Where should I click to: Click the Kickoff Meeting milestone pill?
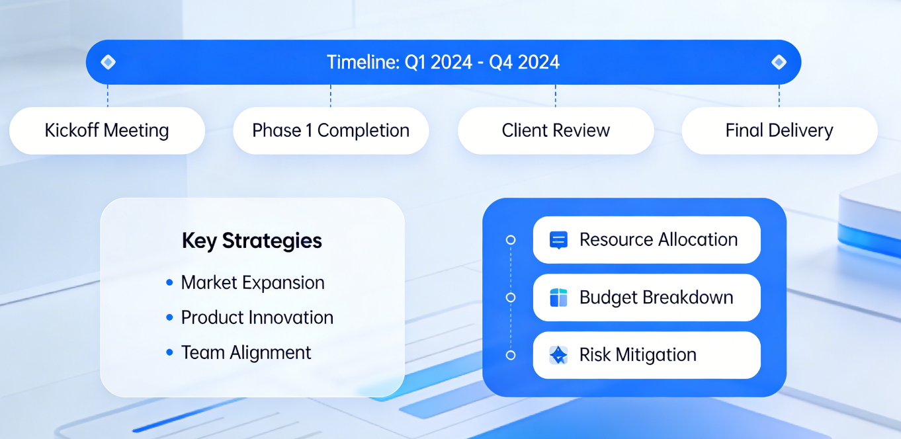[107, 131]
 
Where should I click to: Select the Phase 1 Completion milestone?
[331, 131]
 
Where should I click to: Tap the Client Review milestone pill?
[556, 131]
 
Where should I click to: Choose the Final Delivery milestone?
[779, 131]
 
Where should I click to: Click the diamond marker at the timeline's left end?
[108, 62]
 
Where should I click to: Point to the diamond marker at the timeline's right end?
[779, 62]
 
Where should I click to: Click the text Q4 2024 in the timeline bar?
[524, 62]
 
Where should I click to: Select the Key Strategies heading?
[252, 241]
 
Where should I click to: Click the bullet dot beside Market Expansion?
[169, 282]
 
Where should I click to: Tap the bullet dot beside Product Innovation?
[169, 317]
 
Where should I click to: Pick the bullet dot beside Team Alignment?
[169, 352]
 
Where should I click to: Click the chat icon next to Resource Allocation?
[558, 240]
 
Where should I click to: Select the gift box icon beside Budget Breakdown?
[558, 298]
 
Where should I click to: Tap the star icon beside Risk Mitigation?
[558, 355]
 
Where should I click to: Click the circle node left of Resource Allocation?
[511, 240]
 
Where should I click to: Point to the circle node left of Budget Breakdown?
[511, 298]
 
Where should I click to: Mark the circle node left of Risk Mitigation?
[511, 356]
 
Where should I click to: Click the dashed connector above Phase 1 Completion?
[331, 96]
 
